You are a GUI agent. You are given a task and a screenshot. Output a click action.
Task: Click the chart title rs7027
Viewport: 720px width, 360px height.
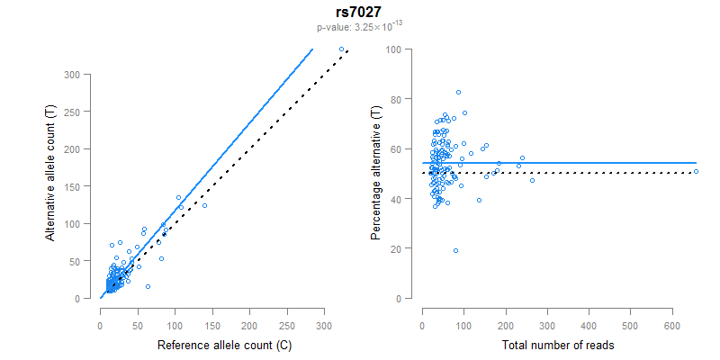(359, 12)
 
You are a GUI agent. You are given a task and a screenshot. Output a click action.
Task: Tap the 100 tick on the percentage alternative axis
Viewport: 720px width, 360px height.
(394, 49)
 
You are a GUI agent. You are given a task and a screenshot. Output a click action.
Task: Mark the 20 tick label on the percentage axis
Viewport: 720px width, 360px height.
(397, 248)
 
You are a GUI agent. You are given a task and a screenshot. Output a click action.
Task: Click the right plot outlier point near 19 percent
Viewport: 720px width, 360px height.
(455, 250)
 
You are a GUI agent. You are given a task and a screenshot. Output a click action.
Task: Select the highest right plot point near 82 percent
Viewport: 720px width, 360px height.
(458, 93)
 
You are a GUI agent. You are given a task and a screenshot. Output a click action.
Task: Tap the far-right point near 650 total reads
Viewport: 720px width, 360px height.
(696, 171)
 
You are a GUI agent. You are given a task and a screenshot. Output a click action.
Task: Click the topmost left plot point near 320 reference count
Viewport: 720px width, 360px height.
(341, 49)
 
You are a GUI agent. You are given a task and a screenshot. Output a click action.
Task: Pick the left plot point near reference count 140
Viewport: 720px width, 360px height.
(204, 206)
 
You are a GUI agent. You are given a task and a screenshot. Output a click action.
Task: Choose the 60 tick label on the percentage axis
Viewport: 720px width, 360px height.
(397, 148)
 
